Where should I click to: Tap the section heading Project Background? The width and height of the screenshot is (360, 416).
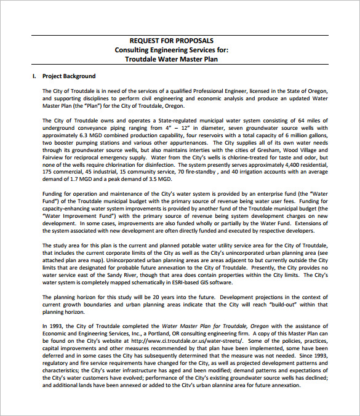point(68,76)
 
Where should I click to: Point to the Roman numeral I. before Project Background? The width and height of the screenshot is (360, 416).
point(34,76)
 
